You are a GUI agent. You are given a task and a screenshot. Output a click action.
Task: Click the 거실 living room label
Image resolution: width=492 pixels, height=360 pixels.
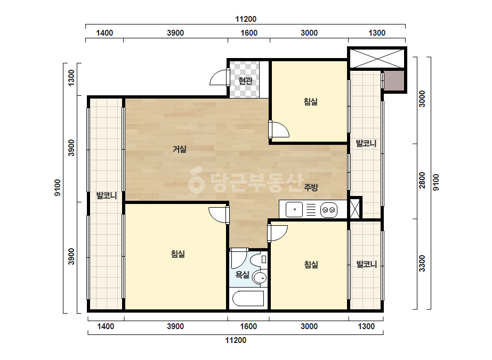(x=180, y=149)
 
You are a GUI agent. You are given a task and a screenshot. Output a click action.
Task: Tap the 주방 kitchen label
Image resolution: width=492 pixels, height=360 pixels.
(x=311, y=187)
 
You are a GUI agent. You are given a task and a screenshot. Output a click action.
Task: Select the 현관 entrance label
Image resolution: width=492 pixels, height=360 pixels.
(x=245, y=80)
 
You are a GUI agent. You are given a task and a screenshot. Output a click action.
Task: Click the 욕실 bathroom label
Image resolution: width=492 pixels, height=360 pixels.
(x=242, y=275)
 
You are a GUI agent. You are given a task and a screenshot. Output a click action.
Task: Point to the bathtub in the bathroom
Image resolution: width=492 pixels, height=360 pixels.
(x=248, y=298)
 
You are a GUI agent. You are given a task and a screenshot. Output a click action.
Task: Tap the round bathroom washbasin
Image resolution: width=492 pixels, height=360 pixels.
(x=260, y=278)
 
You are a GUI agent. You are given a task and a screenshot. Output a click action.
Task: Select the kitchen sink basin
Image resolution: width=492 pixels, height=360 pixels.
(x=294, y=209)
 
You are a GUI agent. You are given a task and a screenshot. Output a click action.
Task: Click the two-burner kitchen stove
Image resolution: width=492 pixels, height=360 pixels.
(x=329, y=210)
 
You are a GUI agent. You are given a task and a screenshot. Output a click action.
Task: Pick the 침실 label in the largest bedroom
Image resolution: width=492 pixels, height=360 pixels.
(x=178, y=253)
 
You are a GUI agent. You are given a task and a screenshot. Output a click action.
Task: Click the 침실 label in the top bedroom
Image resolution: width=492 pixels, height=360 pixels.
(x=311, y=101)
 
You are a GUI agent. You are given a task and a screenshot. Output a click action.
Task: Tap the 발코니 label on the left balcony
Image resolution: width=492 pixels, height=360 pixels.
(x=107, y=195)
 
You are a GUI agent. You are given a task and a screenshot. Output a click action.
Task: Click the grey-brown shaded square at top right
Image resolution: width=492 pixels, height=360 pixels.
(x=394, y=80)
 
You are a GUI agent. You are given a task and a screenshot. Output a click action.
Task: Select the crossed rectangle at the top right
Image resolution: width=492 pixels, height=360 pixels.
(x=377, y=58)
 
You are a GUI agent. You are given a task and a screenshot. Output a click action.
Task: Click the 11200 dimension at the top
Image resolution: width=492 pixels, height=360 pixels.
(x=246, y=19)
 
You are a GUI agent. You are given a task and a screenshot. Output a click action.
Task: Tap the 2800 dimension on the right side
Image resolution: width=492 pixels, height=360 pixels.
(x=422, y=181)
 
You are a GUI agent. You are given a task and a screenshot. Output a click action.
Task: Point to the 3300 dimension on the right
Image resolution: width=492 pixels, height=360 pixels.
(x=422, y=264)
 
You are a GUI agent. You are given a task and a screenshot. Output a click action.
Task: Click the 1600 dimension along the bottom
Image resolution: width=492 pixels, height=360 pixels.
(x=248, y=326)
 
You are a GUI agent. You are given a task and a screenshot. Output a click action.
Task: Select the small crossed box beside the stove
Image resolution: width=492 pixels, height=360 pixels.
(x=354, y=209)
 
